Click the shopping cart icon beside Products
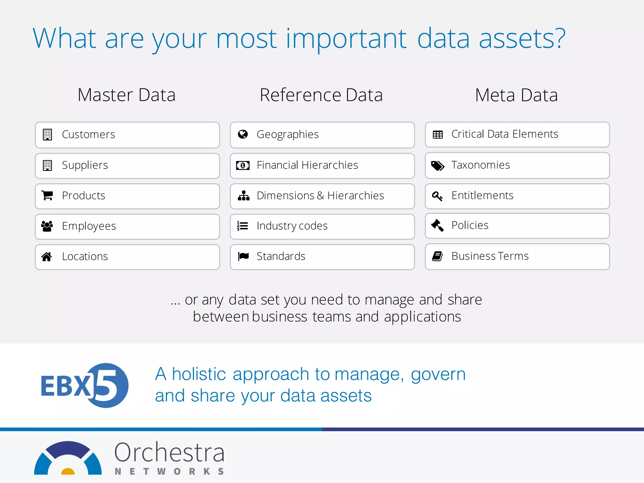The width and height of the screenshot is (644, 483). (47, 196)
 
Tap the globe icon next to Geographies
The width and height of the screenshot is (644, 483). (243, 134)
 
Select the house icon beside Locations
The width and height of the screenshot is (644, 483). (47, 257)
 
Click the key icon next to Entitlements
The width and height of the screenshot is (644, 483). (437, 196)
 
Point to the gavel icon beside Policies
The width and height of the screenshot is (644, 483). (437, 225)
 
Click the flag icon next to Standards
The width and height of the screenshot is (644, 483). (243, 256)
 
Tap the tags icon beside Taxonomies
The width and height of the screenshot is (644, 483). (437, 165)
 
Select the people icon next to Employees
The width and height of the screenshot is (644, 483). (47, 226)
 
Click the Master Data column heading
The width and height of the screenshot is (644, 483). (126, 95)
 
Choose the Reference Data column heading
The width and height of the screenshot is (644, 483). (321, 95)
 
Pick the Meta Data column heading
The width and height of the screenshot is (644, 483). (516, 95)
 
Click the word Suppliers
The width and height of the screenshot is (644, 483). (85, 165)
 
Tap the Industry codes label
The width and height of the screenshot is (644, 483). (292, 226)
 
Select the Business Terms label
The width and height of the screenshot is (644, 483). (490, 256)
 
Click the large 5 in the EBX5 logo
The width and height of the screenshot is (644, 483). (107, 385)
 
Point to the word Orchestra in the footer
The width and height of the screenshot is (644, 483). (169, 452)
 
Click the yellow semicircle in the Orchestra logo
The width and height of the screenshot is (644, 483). (68, 471)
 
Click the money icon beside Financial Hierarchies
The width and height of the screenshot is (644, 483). (243, 165)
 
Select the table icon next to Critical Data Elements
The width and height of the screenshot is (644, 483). (437, 135)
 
